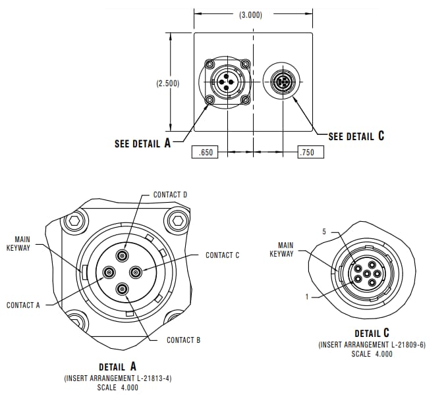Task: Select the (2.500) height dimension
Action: coord(168,84)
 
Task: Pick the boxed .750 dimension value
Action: coord(307,153)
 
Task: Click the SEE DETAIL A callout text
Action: coord(142,143)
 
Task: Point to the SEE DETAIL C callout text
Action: coord(356,136)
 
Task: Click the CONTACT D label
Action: coord(171,195)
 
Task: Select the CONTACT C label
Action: coord(223,255)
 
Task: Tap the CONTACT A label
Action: coord(23,305)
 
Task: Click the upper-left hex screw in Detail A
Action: coord(74,220)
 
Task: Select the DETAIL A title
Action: coord(117,367)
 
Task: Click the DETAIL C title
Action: coord(372,334)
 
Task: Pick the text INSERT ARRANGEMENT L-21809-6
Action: coord(372,344)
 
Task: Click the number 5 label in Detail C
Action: coord(324,232)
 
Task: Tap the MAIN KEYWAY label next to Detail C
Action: coord(281,249)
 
